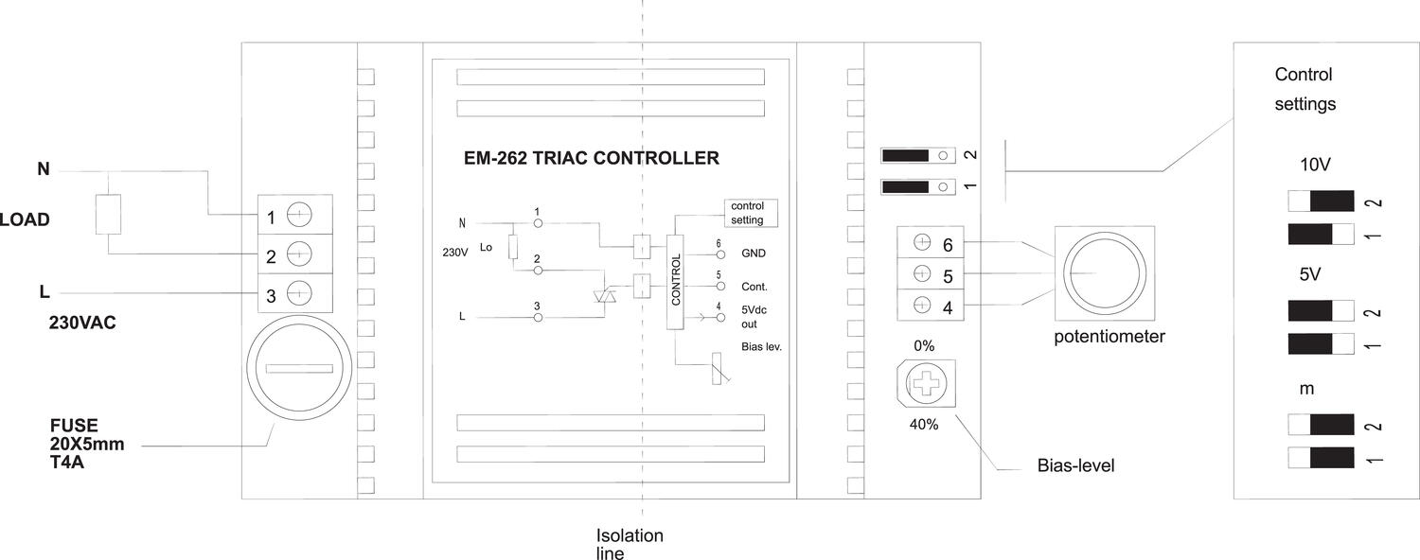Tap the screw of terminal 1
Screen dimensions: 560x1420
coord(298,218)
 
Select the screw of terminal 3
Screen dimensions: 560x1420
coord(298,294)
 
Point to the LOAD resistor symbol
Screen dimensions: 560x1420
coord(108,216)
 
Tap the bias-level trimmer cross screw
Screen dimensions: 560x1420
coord(924,385)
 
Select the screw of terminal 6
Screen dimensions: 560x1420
coord(919,243)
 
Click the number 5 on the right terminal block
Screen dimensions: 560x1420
coord(947,275)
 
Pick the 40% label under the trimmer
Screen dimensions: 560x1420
coord(924,425)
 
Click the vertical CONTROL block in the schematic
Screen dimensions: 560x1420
coord(675,282)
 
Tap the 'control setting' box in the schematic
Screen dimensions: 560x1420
coord(747,213)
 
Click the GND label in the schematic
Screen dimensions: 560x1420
coord(754,254)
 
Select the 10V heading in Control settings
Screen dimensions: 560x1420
coord(1316,165)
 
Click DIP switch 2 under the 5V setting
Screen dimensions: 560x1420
coord(1322,311)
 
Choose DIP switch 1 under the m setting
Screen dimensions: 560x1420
coord(1322,460)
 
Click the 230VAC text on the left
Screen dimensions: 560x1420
coord(82,324)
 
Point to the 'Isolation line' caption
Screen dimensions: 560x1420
coord(629,544)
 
